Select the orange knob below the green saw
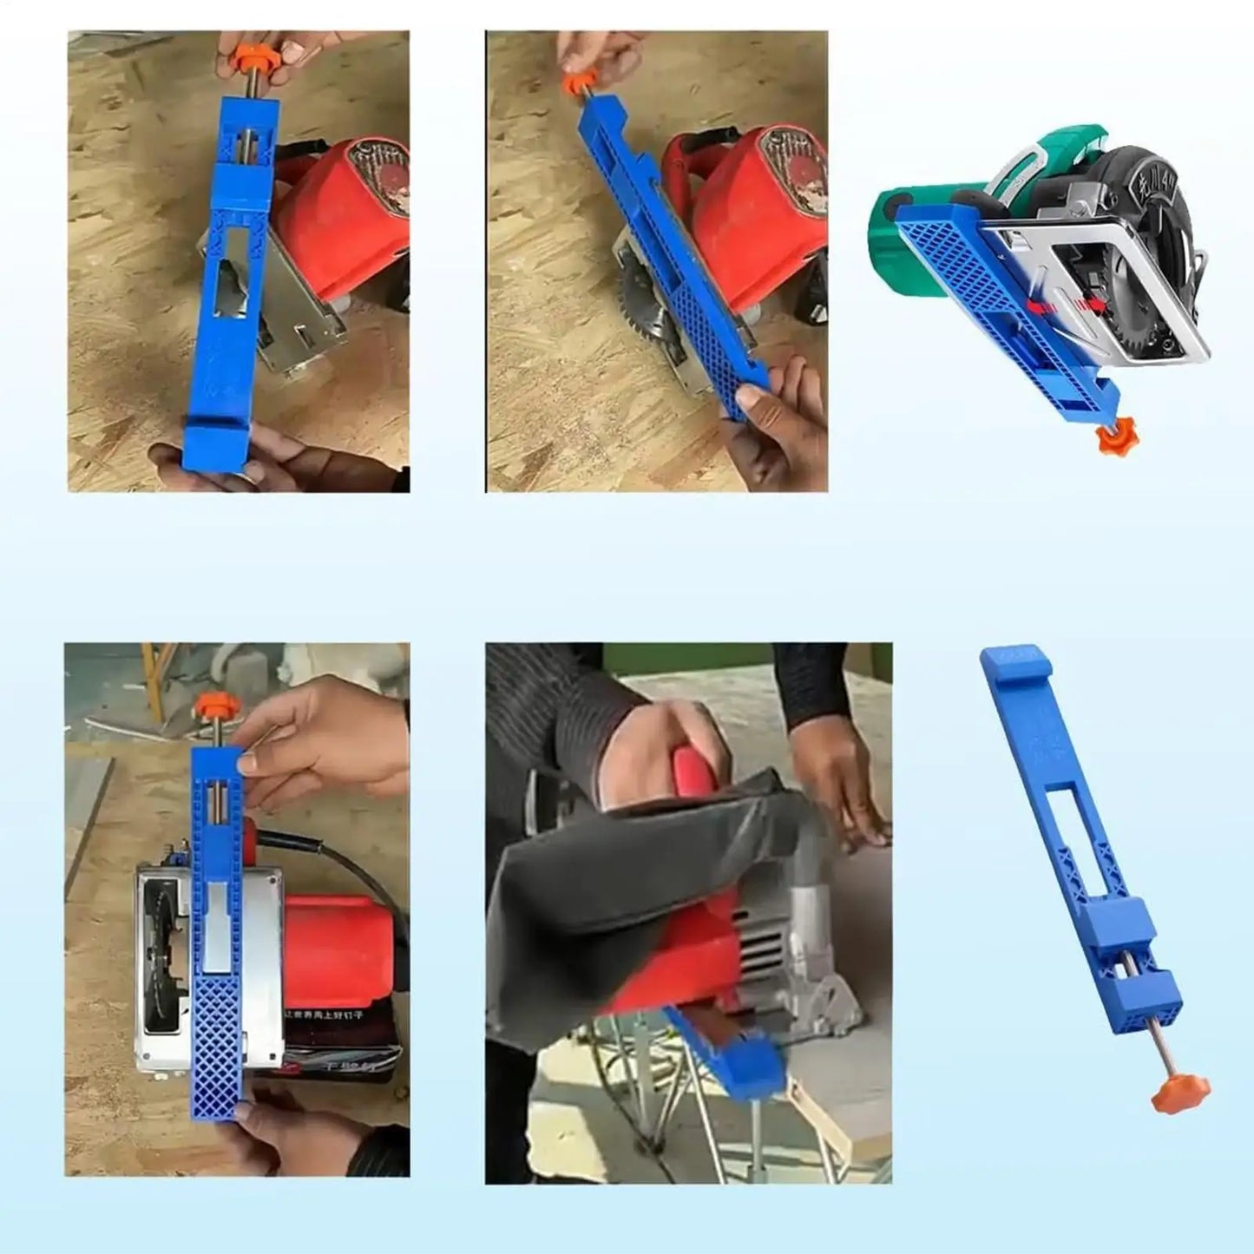point(1112,437)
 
